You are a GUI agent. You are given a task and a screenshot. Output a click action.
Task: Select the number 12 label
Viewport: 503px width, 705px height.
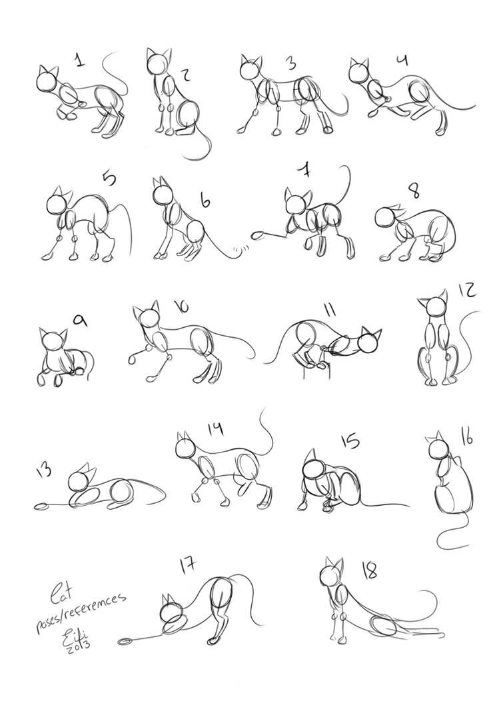pyautogui.click(x=467, y=291)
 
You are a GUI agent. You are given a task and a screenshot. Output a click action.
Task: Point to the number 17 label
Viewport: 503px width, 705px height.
pyautogui.click(x=188, y=565)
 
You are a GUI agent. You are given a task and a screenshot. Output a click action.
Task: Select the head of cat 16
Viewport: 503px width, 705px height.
pyautogui.click(x=436, y=448)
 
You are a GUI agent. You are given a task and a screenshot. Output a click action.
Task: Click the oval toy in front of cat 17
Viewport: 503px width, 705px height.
pyautogui.click(x=125, y=642)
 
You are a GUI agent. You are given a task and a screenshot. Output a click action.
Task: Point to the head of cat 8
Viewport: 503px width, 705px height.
pyautogui.click(x=385, y=217)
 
